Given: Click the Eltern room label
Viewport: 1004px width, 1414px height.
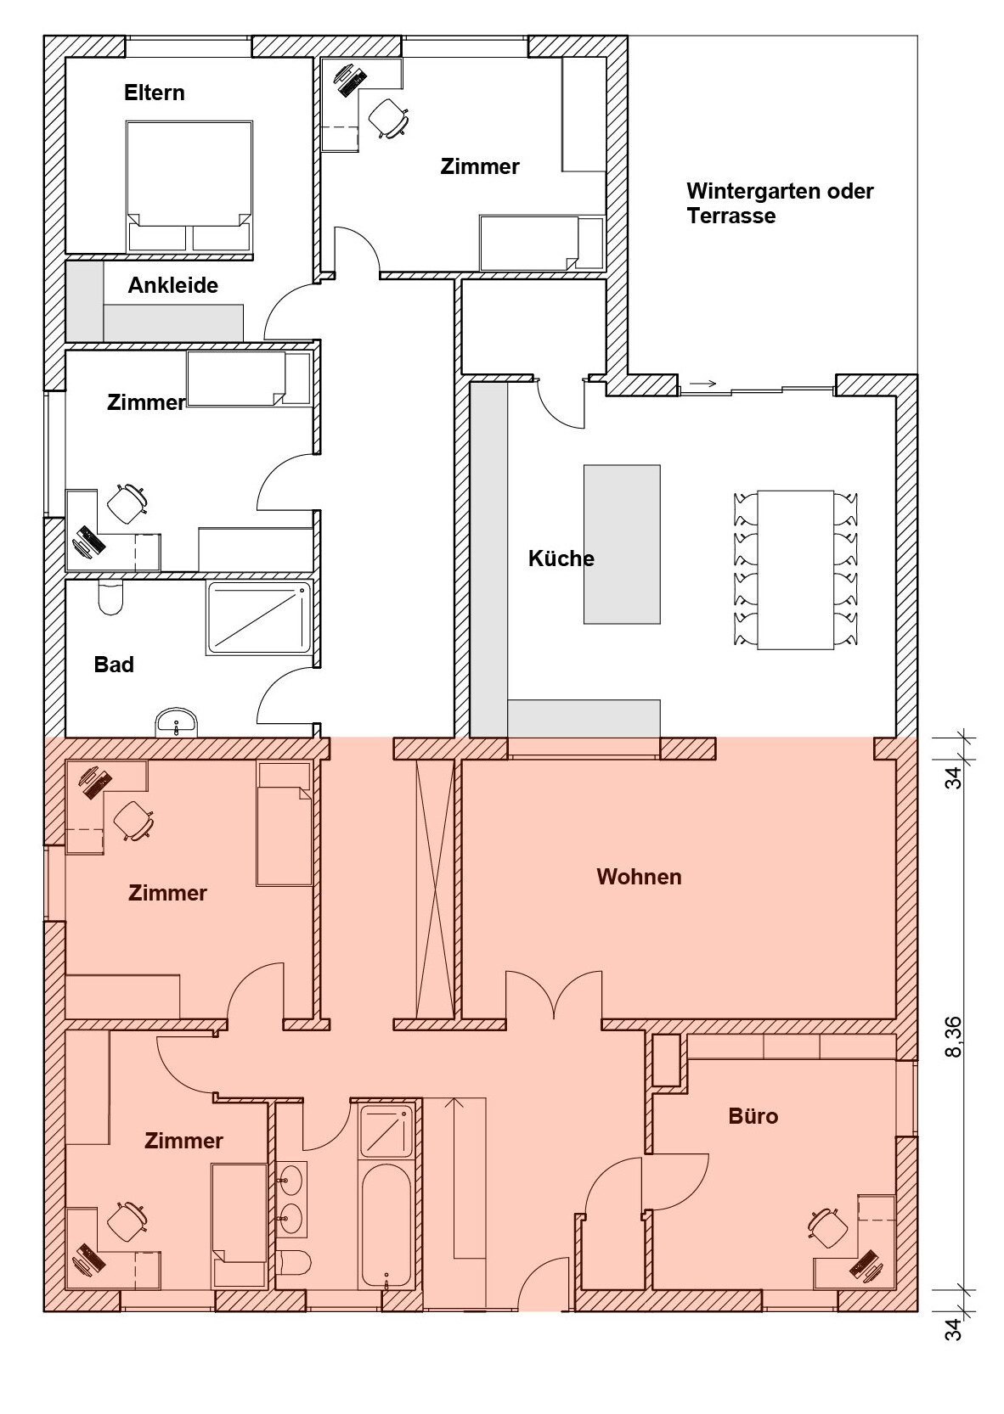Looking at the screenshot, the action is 155,93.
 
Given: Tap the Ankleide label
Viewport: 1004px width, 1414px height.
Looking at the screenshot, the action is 172,285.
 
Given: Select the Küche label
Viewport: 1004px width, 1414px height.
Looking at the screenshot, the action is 561,558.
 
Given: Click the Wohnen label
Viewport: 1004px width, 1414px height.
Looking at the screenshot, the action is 639,877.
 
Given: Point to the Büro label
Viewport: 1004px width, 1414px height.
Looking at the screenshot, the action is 753,1116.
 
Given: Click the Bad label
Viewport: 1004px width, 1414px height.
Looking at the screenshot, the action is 114,665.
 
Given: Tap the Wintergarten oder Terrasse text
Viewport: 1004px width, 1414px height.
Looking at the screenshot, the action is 780,203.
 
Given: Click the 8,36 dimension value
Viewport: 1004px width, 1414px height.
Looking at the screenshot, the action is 953,1035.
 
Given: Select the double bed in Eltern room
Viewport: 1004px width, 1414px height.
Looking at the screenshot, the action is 189,188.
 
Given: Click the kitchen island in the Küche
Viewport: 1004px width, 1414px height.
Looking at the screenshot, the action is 622,544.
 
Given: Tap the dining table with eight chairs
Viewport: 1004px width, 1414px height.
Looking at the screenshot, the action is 796,570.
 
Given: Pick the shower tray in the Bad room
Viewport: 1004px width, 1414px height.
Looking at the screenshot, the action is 259,617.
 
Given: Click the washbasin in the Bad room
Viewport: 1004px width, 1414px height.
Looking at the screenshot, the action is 177,722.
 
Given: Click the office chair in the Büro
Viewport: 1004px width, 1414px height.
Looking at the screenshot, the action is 828,1227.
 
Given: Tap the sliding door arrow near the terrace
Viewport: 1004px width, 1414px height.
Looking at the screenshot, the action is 703,383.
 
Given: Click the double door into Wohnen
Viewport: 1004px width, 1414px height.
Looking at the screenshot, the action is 554,995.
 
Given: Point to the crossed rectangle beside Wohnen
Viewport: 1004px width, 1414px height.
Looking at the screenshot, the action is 435,889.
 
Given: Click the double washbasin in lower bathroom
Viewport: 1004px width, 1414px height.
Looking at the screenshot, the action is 292,1198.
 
